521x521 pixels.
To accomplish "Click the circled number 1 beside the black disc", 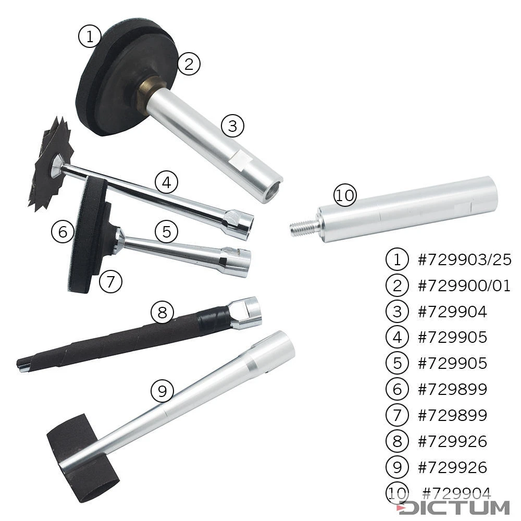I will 89,36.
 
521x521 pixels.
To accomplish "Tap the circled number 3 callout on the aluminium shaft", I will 232,126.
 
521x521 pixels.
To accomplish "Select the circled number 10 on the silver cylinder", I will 344,196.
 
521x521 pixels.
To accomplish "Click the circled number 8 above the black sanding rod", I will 162,313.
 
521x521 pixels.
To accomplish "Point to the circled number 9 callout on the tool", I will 162,391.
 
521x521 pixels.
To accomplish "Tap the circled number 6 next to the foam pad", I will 63,231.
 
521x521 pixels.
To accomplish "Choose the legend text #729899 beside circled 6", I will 452,389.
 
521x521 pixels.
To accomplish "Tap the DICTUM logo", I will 453,507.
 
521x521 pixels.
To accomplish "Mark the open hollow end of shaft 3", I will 271,190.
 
